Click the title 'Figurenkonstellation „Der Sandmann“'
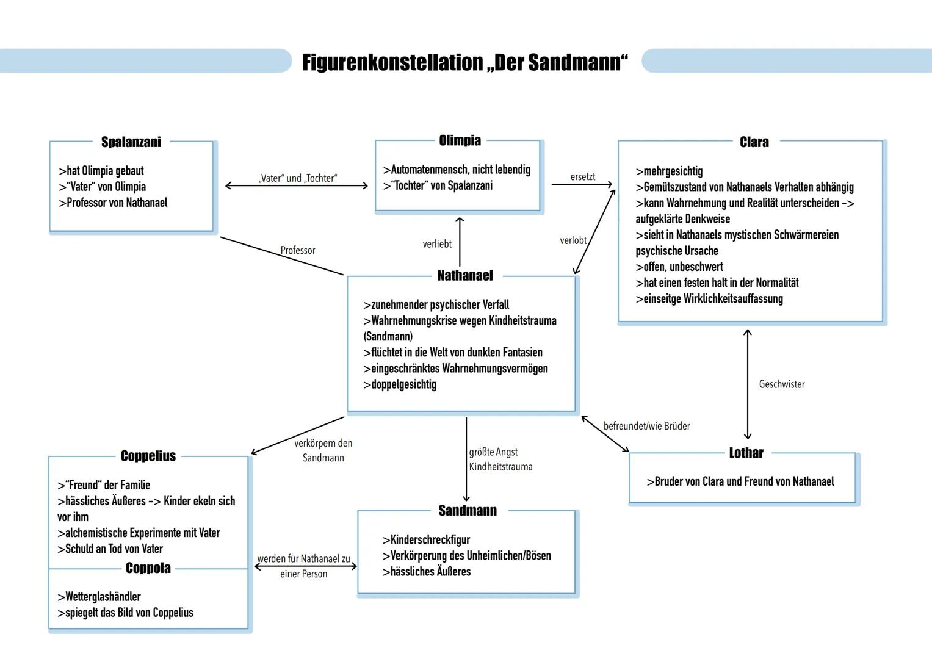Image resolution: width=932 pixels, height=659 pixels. click(464, 62)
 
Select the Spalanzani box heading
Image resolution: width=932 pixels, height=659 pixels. click(131, 142)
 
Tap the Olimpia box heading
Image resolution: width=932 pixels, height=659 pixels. click(460, 140)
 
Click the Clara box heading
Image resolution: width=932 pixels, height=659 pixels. click(754, 142)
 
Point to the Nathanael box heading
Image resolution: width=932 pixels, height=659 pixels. click(465, 276)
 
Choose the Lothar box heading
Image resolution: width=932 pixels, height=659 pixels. click(746, 453)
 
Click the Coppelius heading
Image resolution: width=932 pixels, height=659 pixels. click(148, 456)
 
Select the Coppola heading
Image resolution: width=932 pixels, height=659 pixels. click(148, 568)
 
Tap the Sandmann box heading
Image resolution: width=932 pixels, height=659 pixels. click(468, 511)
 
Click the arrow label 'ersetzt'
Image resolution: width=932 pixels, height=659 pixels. click(582, 177)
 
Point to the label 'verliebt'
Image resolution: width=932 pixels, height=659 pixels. click(437, 244)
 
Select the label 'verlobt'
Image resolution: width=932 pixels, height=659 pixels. click(573, 240)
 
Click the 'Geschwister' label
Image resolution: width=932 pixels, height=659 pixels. click(782, 384)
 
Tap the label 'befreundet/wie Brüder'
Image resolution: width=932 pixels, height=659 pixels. click(646, 426)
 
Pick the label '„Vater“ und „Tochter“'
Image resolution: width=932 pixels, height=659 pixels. click(298, 178)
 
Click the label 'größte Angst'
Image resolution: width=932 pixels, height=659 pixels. click(493, 452)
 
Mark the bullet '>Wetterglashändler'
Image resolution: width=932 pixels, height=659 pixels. click(99, 597)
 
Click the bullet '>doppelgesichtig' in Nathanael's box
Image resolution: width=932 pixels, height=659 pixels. click(400, 384)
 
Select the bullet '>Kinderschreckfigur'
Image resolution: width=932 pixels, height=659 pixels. click(426, 540)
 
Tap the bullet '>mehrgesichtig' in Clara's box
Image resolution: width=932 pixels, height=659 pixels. click(669, 171)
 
